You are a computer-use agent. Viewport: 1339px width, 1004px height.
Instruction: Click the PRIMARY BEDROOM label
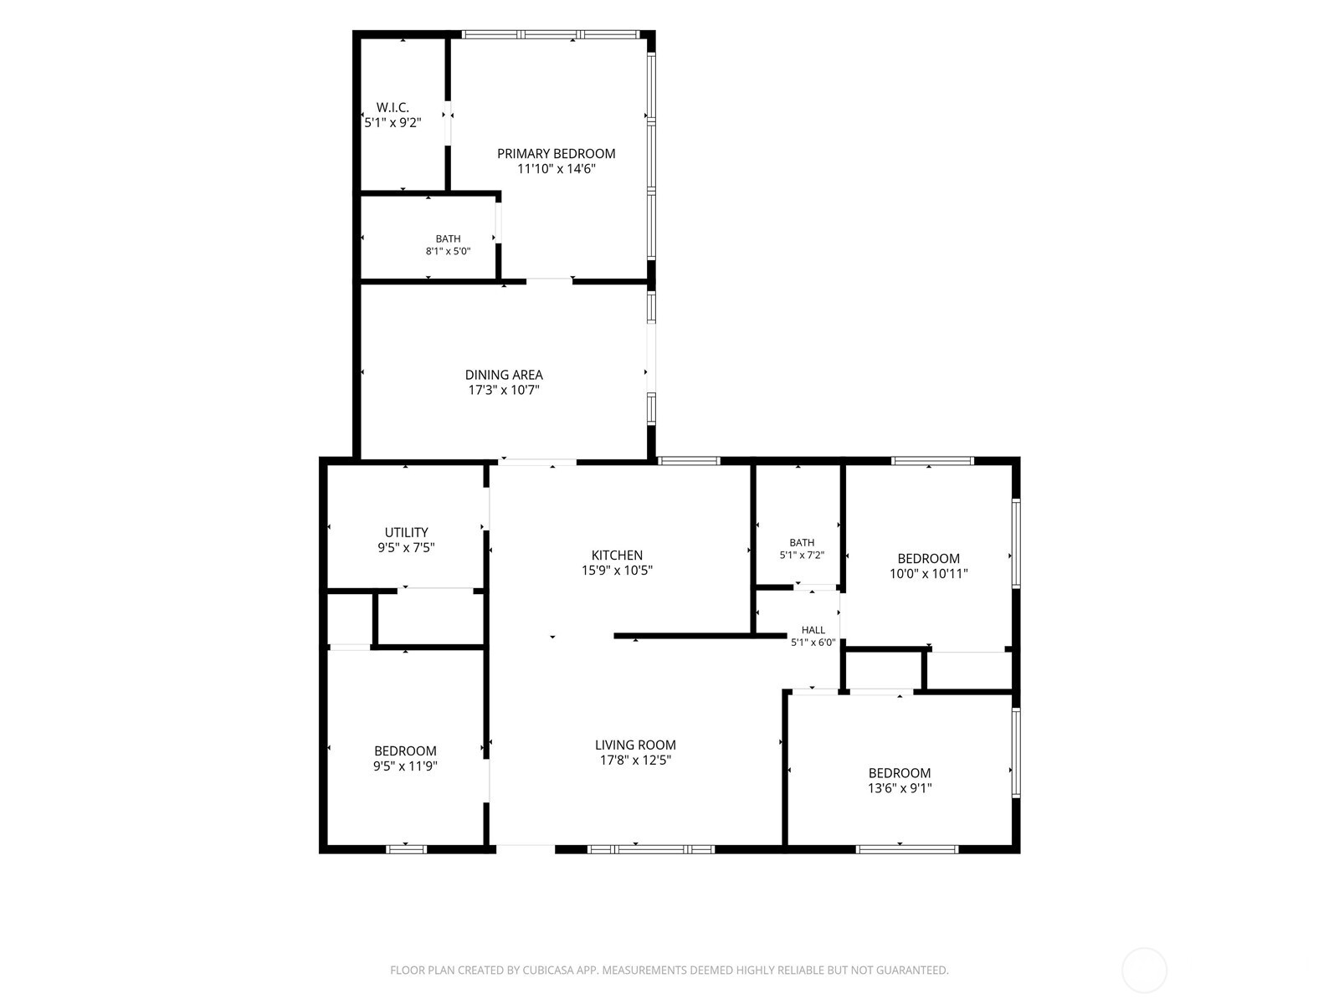tap(556, 154)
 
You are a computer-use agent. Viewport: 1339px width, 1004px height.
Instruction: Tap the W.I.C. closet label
tap(392, 107)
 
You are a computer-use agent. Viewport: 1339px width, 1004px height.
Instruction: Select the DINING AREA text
tap(504, 375)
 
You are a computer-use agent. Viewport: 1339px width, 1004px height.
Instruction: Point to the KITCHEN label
tap(617, 556)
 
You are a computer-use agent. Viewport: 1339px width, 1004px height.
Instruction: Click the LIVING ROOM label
tap(635, 745)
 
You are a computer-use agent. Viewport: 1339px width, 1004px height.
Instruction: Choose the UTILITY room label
tap(406, 532)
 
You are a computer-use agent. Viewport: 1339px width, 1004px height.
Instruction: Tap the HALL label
tap(813, 630)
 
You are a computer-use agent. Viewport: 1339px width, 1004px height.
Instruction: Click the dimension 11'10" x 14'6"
tap(557, 169)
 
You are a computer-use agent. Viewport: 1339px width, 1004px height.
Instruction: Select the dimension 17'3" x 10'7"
tap(504, 390)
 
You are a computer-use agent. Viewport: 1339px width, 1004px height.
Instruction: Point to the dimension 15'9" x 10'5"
tap(617, 571)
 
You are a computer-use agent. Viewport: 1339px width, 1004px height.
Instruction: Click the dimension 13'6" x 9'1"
tap(900, 788)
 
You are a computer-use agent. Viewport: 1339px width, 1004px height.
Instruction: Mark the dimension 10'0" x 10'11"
tap(928, 574)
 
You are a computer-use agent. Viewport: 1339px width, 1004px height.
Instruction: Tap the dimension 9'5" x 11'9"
tap(406, 766)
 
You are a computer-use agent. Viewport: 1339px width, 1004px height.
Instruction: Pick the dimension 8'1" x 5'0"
tap(449, 251)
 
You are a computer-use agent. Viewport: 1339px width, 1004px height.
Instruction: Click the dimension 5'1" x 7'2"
tap(802, 556)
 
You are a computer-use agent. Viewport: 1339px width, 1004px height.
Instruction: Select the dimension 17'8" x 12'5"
tap(635, 761)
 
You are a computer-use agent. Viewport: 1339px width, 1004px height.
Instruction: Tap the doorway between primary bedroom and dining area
tap(549, 281)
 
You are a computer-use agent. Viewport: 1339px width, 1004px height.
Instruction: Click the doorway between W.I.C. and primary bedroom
tap(448, 123)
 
